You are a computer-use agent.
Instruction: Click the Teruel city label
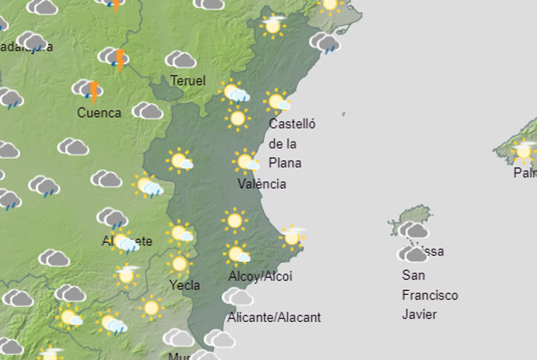(x=188, y=80)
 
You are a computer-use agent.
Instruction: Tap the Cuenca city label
(x=99, y=113)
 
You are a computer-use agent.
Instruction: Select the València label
(x=261, y=184)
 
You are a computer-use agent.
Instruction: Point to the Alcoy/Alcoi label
(x=260, y=277)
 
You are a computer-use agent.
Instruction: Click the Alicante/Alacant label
(x=274, y=317)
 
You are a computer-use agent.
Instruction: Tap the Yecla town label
(x=184, y=285)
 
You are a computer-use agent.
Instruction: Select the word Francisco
(x=430, y=295)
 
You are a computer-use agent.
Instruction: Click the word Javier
(x=419, y=315)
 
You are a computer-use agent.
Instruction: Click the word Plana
(x=285, y=163)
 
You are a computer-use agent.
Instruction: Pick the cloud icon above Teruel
(x=181, y=58)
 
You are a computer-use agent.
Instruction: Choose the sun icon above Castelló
(x=276, y=101)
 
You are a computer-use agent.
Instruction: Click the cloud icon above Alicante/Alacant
(x=237, y=296)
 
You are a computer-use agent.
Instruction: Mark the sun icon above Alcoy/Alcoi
(x=237, y=253)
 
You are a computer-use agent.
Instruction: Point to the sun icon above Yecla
(x=180, y=264)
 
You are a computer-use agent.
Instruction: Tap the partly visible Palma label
(x=525, y=173)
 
